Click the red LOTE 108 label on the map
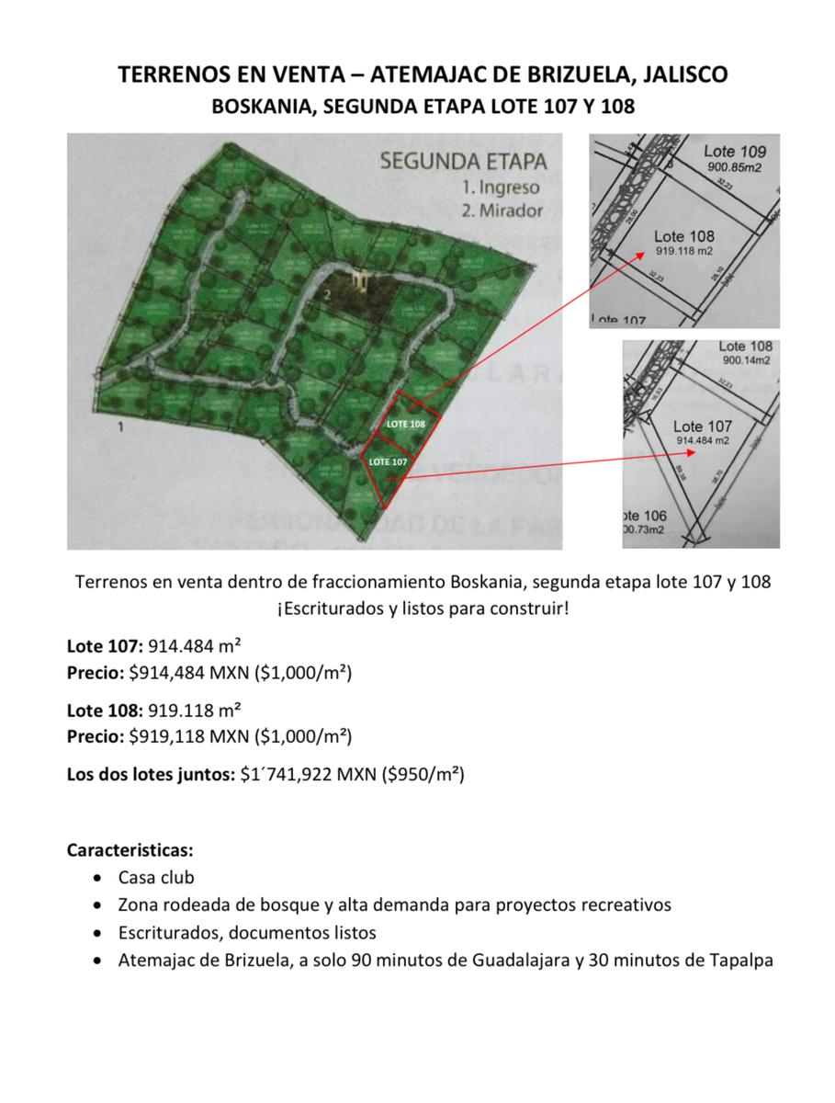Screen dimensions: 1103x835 coord(405,425)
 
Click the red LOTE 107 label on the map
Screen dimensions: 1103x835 coord(387,461)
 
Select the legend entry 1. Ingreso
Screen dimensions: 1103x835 coord(500,187)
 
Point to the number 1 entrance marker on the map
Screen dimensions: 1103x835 coord(119,427)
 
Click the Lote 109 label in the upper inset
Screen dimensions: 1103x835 coord(735,151)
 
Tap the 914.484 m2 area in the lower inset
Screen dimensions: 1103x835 coord(704,441)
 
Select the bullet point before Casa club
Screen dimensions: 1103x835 coord(99,878)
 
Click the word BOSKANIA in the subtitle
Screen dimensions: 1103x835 coord(254,107)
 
